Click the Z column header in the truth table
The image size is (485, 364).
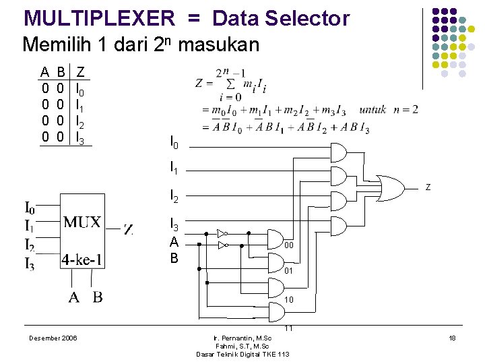tap(81, 71)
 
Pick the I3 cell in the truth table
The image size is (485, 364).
tap(80, 138)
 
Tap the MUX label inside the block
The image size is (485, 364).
tap(82, 222)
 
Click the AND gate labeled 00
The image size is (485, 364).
tap(277, 239)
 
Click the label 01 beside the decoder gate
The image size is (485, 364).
tap(288, 271)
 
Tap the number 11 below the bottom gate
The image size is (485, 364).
tap(288, 328)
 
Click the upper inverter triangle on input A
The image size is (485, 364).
tap(222, 233)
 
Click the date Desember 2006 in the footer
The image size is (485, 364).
tap(53, 338)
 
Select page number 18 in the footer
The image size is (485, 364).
tap(452, 338)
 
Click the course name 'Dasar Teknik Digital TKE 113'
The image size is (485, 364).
tap(243, 354)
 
